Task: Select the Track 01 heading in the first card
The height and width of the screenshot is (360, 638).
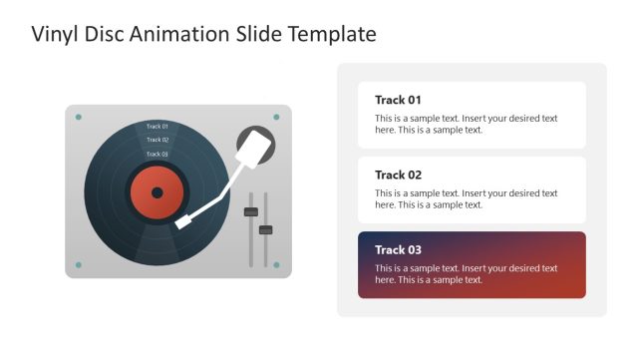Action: pos(398,100)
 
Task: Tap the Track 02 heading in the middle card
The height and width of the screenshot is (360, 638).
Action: pos(398,175)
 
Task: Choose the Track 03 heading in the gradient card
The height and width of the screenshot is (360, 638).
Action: pos(398,249)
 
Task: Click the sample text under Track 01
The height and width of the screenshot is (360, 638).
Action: pos(466,124)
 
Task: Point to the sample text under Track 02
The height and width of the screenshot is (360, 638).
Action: pos(466,198)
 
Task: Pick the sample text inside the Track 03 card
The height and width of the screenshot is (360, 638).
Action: pos(466,274)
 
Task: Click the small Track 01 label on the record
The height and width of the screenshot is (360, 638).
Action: pos(158,127)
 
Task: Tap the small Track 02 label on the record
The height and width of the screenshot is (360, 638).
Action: pos(158,141)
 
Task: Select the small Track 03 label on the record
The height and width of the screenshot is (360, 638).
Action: pos(158,155)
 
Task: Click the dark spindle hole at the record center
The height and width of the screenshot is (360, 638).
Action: pos(157,192)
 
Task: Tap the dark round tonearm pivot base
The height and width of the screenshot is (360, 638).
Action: pos(255,147)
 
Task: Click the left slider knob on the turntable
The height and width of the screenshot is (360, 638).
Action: pos(251,211)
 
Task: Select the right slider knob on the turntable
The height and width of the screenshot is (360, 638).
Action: pos(265,230)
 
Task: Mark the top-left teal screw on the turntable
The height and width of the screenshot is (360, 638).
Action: pos(79,118)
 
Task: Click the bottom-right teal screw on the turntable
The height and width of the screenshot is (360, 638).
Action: pos(277,265)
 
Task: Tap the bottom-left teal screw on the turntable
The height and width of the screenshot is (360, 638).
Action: pos(79,265)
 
